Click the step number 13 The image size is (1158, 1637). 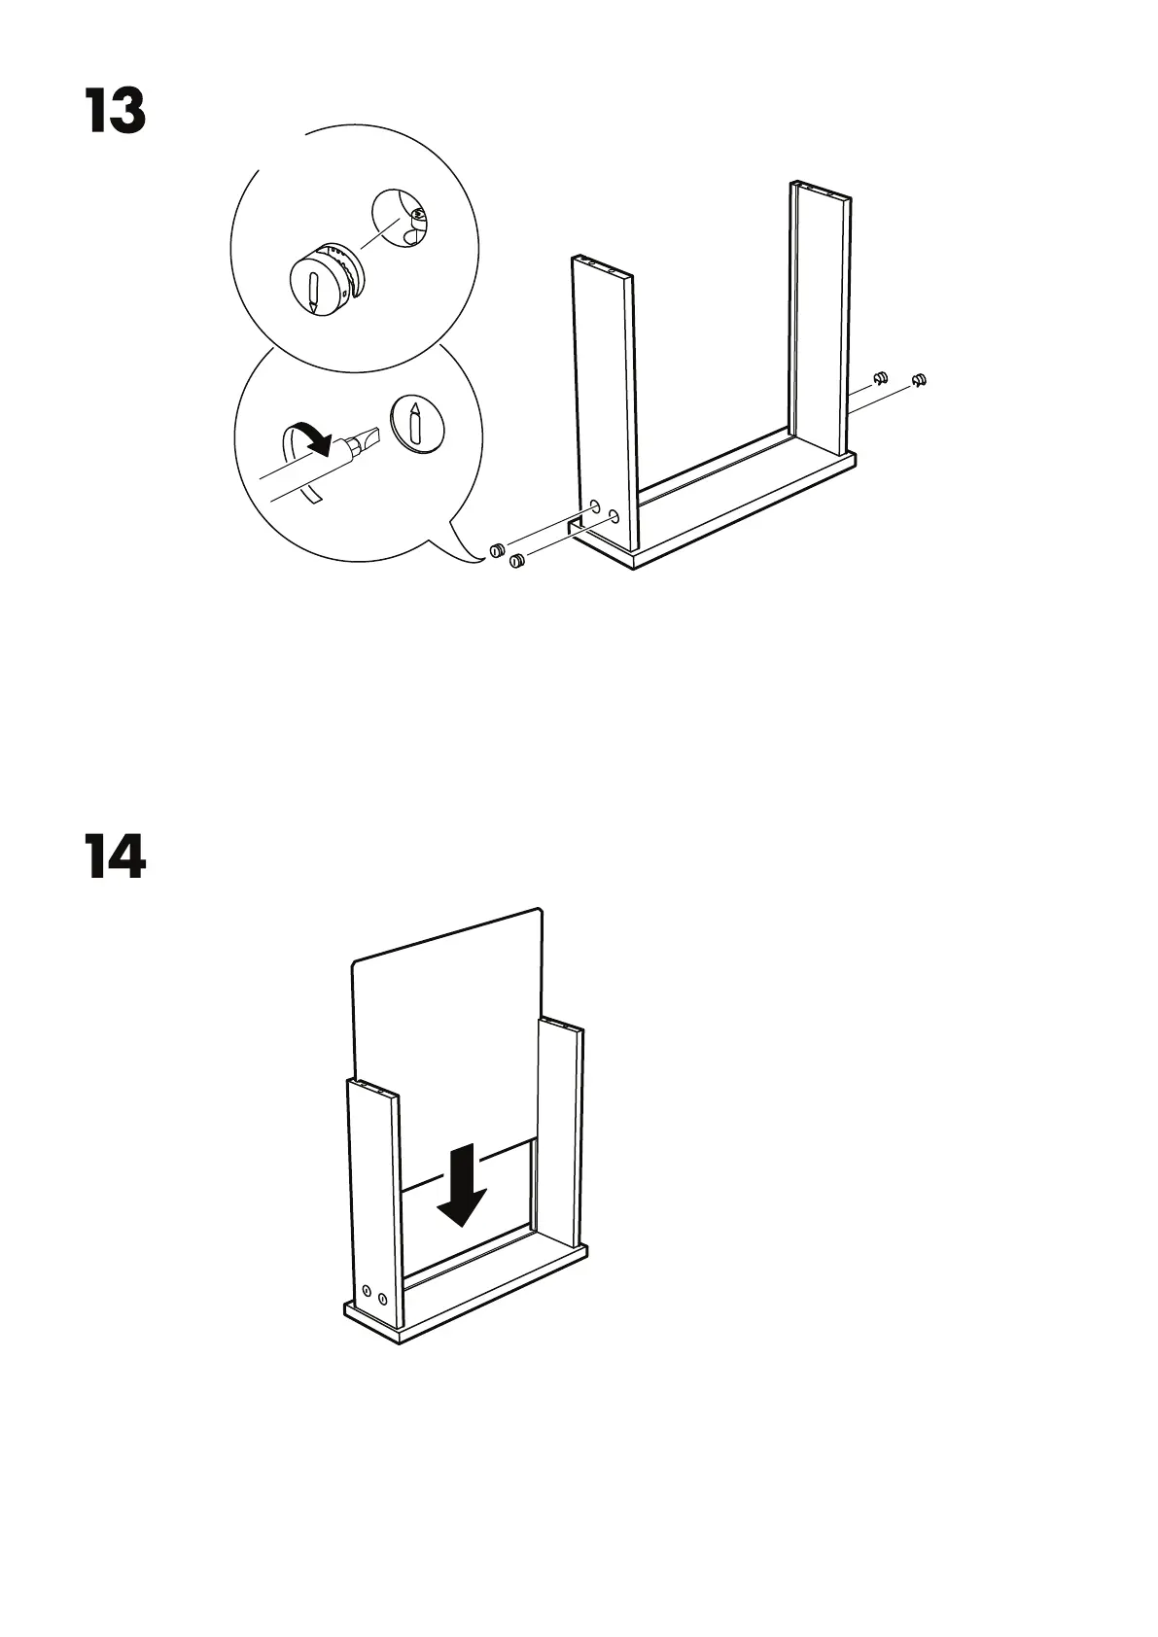pyautogui.click(x=115, y=112)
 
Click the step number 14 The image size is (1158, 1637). pyautogui.click(x=116, y=856)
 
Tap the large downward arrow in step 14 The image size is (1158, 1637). pyautogui.click(x=461, y=1184)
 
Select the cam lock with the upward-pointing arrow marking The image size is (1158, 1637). pyautogui.click(x=416, y=424)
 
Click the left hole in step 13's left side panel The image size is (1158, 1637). pyautogui.click(x=593, y=506)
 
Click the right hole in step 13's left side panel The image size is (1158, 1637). pyautogui.click(x=614, y=515)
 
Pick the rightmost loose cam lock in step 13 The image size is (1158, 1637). pyautogui.click(x=918, y=378)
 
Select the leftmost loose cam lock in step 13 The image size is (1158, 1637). pyautogui.click(x=496, y=550)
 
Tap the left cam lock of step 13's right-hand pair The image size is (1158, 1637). pyautogui.click(x=881, y=377)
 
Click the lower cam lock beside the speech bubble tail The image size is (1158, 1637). pyautogui.click(x=516, y=560)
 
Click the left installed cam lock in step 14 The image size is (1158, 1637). pyautogui.click(x=367, y=1291)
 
